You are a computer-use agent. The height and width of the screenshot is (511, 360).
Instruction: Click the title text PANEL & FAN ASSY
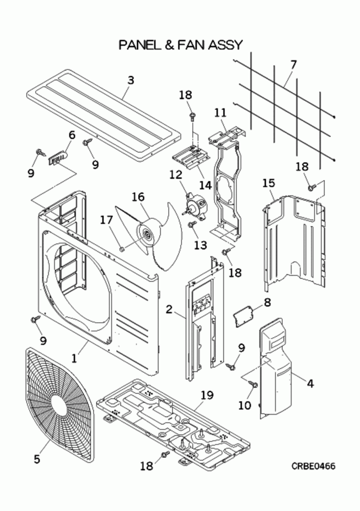pyautogui.click(x=180, y=45)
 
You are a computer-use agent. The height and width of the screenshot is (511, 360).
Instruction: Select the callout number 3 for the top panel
pyautogui.click(x=131, y=80)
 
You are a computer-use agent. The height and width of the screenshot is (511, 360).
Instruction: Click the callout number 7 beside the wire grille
pyautogui.click(x=293, y=65)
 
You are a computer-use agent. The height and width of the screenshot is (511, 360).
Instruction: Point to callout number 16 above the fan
pyautogui.click(x=138, y=197)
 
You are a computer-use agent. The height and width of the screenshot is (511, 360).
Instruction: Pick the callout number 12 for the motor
pyautogui.click(x=175, y=174)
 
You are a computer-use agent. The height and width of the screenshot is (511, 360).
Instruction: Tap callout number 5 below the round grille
pyautogui.click(x=37, y=459)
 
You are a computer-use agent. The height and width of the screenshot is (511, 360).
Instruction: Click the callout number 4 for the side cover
pyautogui.click(x=310, y=382)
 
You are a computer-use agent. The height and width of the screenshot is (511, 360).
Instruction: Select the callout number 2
pyautogui.click(x=169, y=308)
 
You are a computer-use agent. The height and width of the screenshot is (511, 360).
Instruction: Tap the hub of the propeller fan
pyautogui.click(x=146, y=235)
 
